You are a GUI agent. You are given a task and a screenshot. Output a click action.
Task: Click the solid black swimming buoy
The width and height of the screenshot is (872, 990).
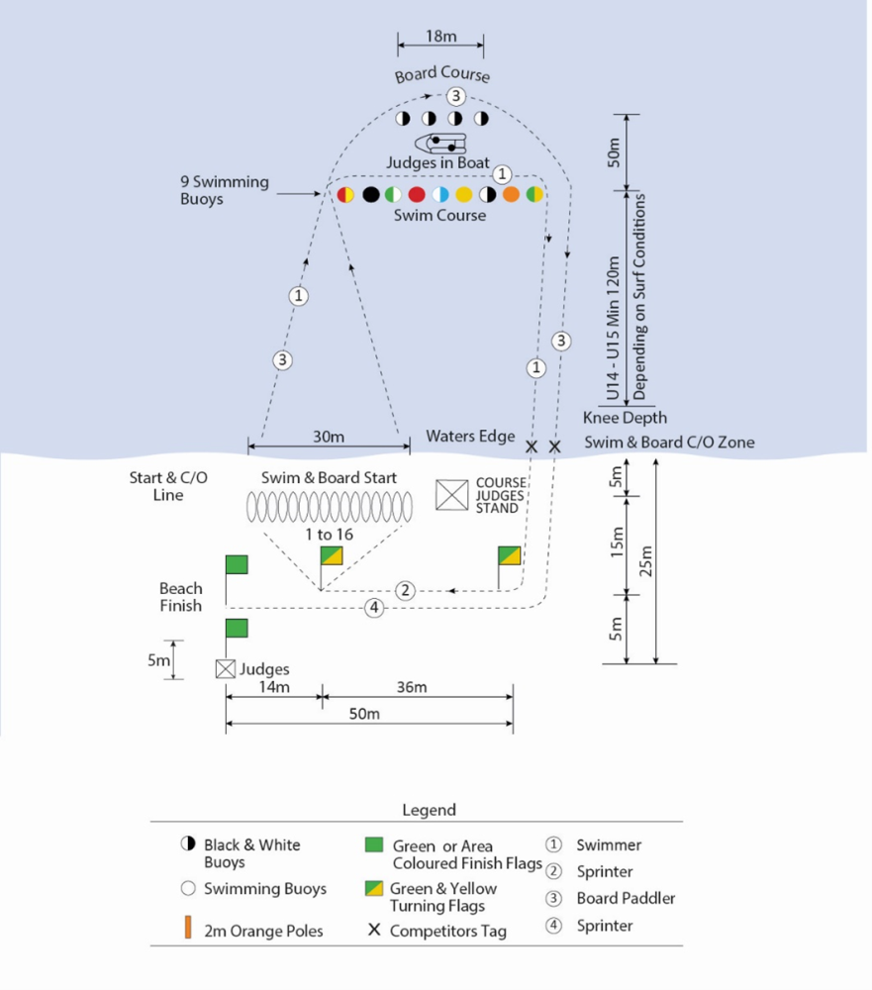(x=370, y=194)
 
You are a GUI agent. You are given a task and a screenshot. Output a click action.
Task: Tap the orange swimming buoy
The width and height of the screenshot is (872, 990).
(x=511, y=194)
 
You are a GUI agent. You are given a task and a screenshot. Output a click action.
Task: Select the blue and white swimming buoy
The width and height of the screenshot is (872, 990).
(x=440, y=194)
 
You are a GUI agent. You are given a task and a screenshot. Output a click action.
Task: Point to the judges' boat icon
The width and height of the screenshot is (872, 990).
(x=440, y=145)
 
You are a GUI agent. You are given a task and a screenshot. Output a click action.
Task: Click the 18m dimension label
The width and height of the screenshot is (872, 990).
(x=440, y=37)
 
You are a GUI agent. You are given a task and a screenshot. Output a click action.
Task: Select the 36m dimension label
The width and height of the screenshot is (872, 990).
(x=412, y=688)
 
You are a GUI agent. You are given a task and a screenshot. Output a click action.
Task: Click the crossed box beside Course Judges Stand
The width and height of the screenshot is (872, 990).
(x=452, y=495)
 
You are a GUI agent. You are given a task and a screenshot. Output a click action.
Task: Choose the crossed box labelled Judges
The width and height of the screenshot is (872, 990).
(x=226, y=669)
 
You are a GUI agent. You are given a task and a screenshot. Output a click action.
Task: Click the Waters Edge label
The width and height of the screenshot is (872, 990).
(x=470, y=436)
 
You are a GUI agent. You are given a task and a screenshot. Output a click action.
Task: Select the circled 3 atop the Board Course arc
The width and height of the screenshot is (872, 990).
(x=454, y=96)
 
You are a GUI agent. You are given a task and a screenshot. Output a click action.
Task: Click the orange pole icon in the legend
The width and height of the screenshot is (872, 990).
(x=187, y=930)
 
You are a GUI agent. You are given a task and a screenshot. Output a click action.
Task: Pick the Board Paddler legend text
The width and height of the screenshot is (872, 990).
(x=626, y=899)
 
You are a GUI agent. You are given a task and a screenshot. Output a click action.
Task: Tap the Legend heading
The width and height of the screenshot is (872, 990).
(x=429, y=810)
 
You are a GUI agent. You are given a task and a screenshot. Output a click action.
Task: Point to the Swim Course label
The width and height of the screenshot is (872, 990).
(x=440, y=215)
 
